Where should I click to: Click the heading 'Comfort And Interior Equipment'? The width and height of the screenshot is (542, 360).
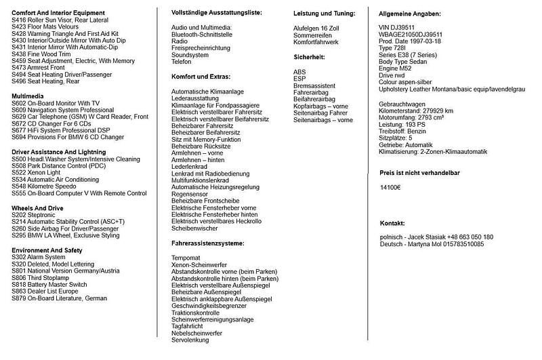58,13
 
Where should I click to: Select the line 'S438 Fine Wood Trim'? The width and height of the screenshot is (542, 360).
41,54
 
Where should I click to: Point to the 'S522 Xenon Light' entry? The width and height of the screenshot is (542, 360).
37,173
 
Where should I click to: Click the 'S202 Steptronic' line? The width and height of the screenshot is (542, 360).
34,215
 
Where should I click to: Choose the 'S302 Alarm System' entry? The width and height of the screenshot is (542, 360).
39,257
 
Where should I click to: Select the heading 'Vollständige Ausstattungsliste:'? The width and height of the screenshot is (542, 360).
217,13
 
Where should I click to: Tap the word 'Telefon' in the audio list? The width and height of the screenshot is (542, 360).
182,61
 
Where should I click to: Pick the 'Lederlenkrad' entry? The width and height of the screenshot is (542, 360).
188,167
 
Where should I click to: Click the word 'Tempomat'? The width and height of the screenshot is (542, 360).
186,258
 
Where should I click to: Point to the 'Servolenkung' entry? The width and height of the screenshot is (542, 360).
190,339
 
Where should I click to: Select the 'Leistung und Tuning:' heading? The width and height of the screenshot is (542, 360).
325,14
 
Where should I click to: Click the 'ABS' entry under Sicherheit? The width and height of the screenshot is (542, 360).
299,72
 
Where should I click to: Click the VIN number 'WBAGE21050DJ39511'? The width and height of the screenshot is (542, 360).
411,33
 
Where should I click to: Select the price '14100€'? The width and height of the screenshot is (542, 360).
390,187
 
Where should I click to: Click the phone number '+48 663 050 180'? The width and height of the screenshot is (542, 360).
467,237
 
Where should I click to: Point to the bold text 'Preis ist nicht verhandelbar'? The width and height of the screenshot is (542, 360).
420,173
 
